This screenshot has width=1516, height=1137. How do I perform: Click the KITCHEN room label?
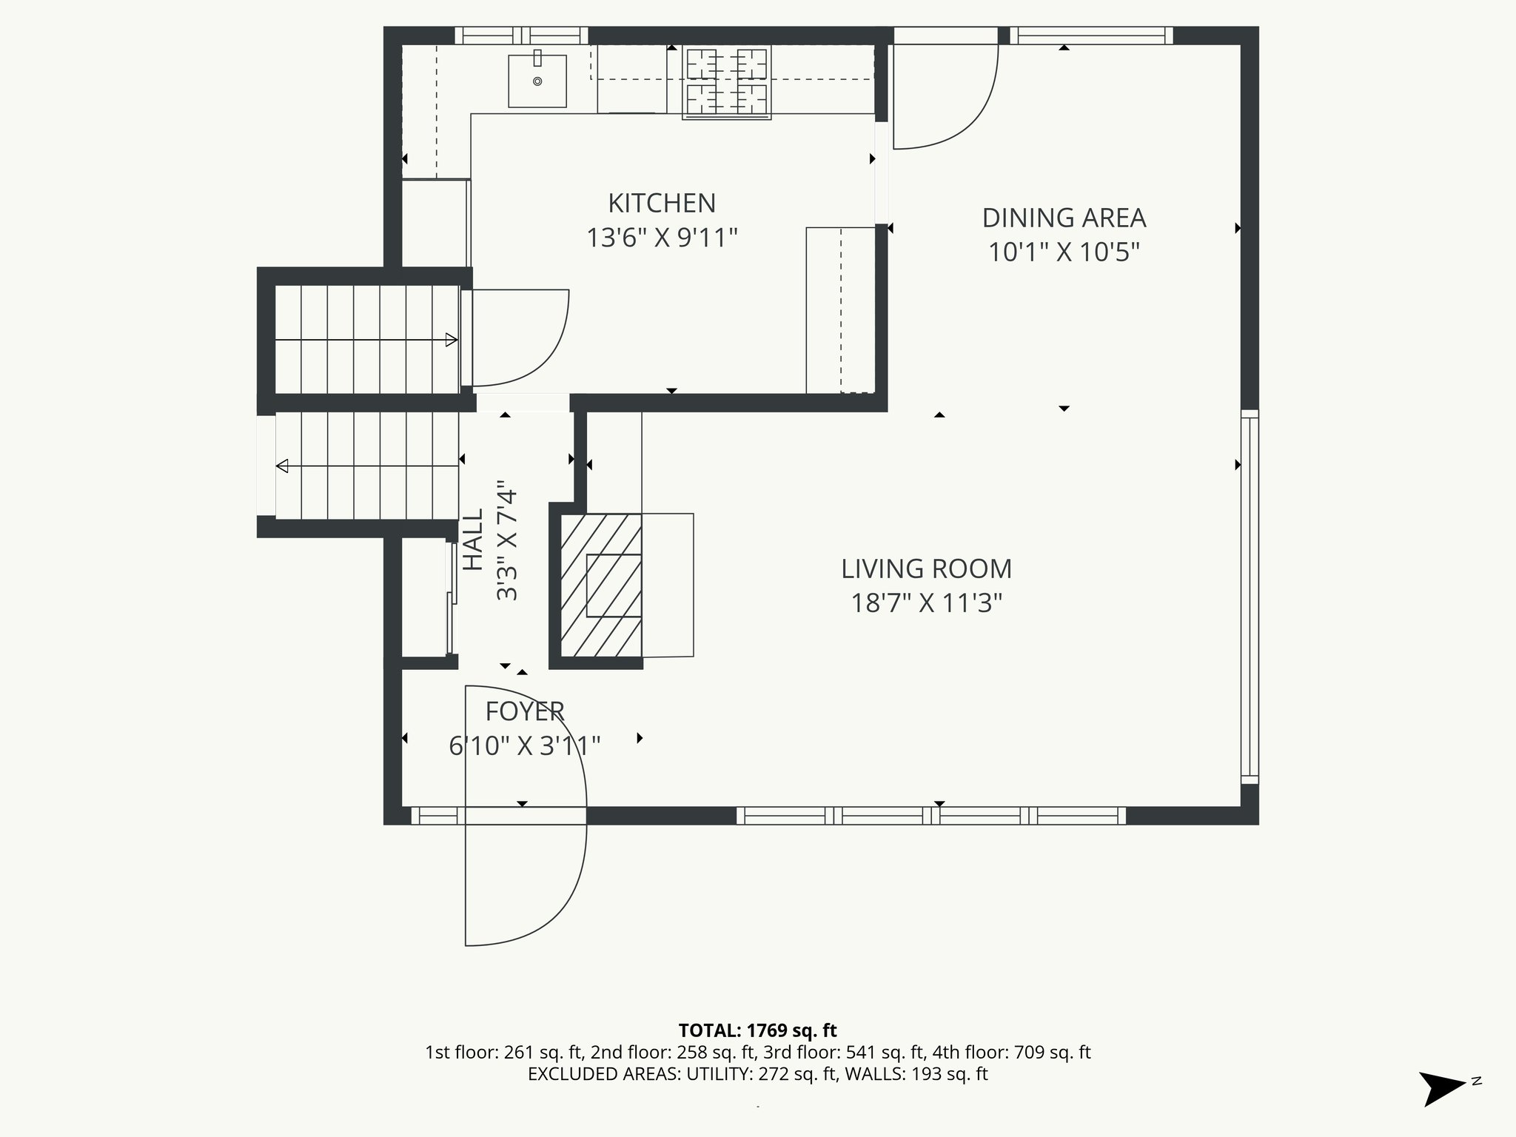pyautogui.click(x=662, y=203)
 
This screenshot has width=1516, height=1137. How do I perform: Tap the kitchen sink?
pyautogui.click(x=537, y=81)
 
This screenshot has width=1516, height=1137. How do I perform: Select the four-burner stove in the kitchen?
pyautogui.click(x=726, y=81)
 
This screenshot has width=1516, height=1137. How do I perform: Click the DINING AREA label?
pyautogui.click(x=1064, y=218)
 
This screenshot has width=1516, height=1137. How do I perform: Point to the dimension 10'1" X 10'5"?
pyautogui.click(x=1064, y=252)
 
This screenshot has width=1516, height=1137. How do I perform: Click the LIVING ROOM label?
pyautogui.click(x=926, y=568)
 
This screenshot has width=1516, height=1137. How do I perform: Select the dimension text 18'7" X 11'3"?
pyautogui.click(x=926, y=603)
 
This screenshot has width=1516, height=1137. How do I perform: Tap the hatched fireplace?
pyautogui.click(x=600, y=585)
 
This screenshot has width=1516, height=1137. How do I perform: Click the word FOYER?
pyautogui.click(x=525, y=711)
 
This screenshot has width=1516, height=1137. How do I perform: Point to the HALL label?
pyautogui.click(x=473, y=539)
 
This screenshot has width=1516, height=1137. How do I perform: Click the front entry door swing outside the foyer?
pyautogui.click(x=526, y=881)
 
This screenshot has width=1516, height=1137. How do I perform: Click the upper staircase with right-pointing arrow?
pyautogui.click(x=366, y=340)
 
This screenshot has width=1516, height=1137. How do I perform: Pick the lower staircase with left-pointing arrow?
pyautogui.click(x=366, y=466)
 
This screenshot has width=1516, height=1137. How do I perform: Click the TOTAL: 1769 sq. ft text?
pyautogui.click(x=757, y=1030)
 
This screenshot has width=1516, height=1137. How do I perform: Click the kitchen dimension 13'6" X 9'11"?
pyautogui.click(x=662, y=238)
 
